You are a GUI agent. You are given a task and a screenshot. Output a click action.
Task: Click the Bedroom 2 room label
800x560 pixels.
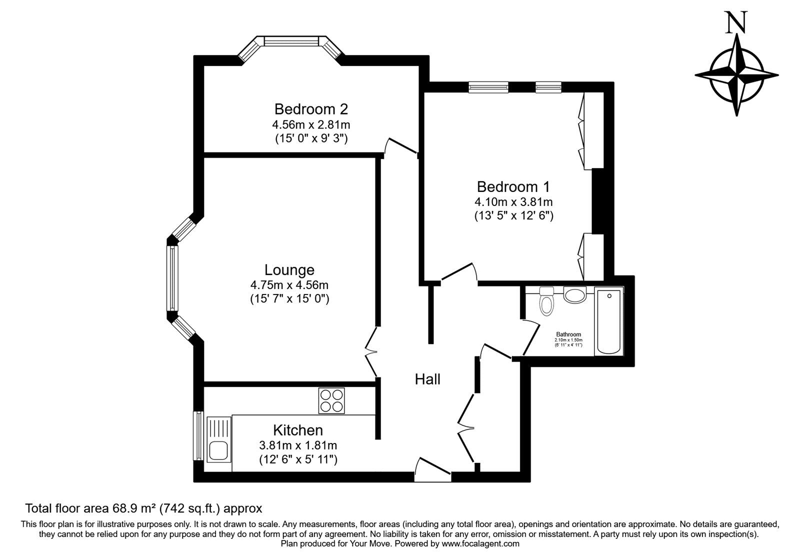[x=311, y=109]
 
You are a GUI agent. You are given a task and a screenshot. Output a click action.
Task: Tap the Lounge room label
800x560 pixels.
[x=289, y=270]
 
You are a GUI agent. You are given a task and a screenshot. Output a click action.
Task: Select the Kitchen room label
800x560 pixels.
[x=298, y=430]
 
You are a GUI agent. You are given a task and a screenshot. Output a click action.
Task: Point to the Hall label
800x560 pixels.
[x=427, y=379]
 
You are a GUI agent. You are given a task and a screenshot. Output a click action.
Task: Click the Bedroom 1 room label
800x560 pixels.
[x=513, y=187]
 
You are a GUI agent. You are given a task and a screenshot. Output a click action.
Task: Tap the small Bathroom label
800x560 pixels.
[x=568, y=334]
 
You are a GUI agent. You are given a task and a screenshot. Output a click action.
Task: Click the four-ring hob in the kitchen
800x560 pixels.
[x=332, y=400]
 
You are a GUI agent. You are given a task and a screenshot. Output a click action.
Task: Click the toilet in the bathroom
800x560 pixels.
[x=546, y=301]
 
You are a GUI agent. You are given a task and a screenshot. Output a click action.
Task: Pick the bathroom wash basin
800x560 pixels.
[x=575, y=294]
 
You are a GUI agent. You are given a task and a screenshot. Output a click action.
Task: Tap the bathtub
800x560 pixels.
[x=608, y=322]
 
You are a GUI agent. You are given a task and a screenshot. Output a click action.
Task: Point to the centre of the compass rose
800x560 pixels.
[x=736, y=75]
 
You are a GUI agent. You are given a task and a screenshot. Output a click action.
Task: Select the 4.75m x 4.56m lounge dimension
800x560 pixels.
[x=289, y=285]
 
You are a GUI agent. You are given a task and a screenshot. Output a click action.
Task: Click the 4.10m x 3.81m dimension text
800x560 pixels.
[x=513, y=202]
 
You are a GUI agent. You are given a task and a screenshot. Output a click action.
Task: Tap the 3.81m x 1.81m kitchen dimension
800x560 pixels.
[x=298, y=445]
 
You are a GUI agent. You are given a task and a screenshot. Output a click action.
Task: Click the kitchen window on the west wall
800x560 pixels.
[x=198, y=436]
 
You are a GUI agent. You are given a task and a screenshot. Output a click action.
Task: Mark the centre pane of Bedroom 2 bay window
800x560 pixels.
[x=291, y=41]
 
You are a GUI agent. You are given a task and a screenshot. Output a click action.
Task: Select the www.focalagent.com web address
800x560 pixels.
[x=480, y=543]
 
